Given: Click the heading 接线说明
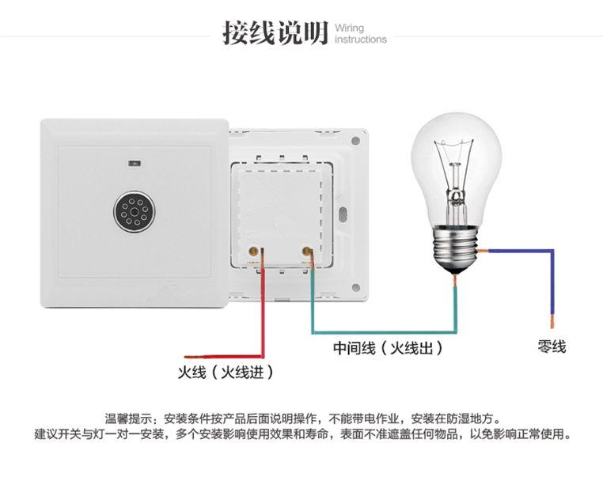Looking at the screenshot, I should tap(275, 33).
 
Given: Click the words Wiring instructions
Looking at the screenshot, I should tap(360, 33).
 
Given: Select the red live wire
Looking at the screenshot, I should tap(260, 316).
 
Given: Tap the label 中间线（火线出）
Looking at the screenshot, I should tap(387, 348).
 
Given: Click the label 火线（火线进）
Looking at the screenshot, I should tap(226, 371).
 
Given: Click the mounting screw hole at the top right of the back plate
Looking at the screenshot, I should tap(355, 141).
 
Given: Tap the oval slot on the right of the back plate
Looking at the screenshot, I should tap(341, 214).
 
